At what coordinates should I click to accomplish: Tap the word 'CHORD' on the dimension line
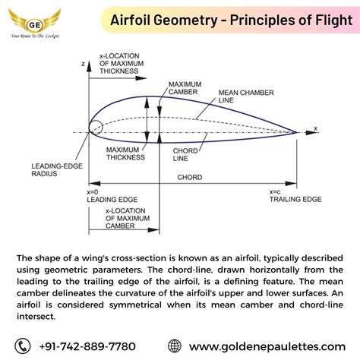[x=190, y=177]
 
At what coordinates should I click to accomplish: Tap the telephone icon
[x=26, y=345]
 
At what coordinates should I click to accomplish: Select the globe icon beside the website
[x=175, y=345]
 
